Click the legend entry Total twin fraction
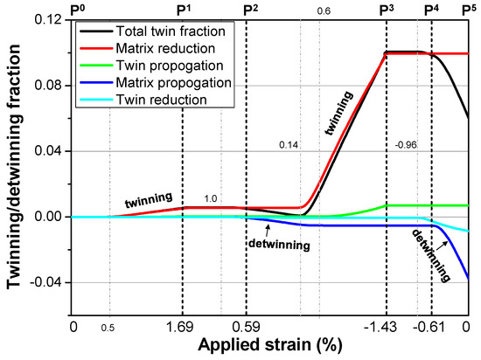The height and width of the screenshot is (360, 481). [163, 31]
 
